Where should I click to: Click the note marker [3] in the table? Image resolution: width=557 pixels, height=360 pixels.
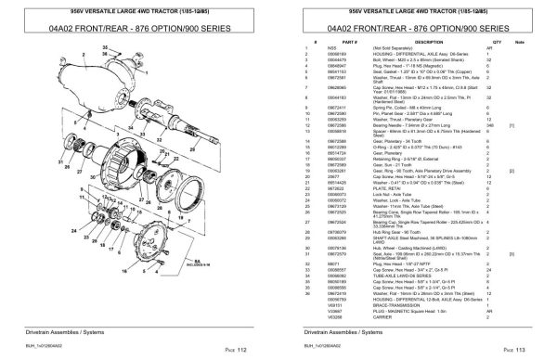[x=533, y=253]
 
